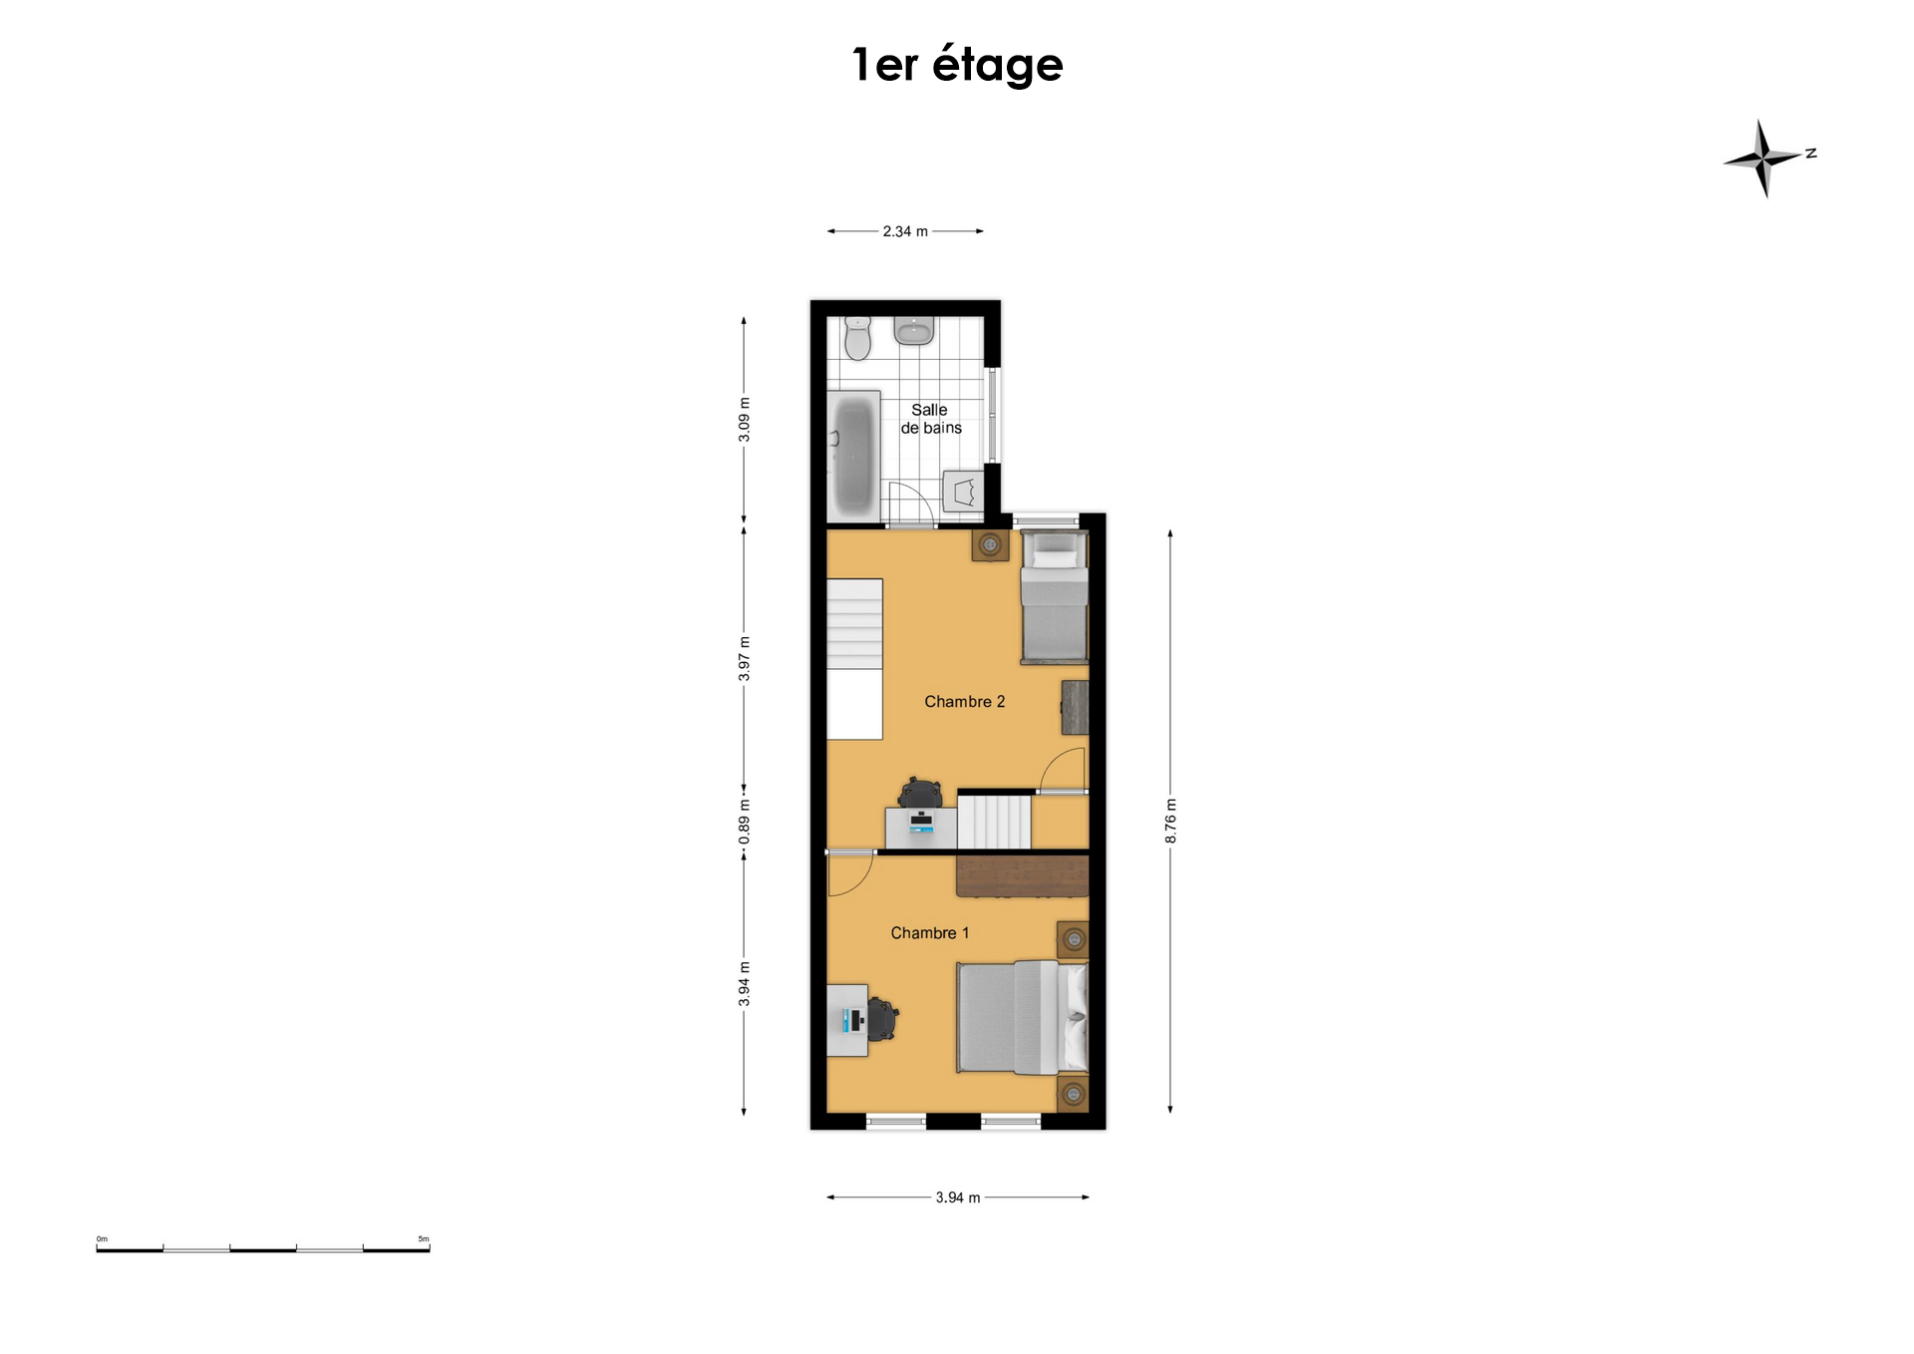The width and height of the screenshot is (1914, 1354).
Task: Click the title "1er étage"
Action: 957,66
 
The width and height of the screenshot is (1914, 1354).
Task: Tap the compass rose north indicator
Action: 1765,158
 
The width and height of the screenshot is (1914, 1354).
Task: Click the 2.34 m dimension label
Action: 905,231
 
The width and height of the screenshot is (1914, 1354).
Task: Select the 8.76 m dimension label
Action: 1170,821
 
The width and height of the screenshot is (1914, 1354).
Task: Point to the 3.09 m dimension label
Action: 744,420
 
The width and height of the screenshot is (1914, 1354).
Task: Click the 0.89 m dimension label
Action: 744,823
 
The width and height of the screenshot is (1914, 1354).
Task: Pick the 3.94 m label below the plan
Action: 957,1197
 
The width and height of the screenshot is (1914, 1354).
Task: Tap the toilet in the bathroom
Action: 857,338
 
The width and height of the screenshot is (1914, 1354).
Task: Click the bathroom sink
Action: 913,330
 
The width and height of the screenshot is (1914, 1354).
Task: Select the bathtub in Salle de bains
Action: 853,455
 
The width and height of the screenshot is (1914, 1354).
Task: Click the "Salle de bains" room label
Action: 931,419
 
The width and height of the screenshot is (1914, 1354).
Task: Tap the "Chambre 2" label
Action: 964,702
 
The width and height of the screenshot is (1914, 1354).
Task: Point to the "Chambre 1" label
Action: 929,933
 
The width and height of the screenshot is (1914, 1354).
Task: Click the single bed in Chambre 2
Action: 1054,597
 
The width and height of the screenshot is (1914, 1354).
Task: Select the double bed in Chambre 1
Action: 1022,1017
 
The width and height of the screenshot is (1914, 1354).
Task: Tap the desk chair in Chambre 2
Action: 920,794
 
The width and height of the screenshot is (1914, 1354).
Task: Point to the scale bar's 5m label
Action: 424,1239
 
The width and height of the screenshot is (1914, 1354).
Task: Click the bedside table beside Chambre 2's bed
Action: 990,545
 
